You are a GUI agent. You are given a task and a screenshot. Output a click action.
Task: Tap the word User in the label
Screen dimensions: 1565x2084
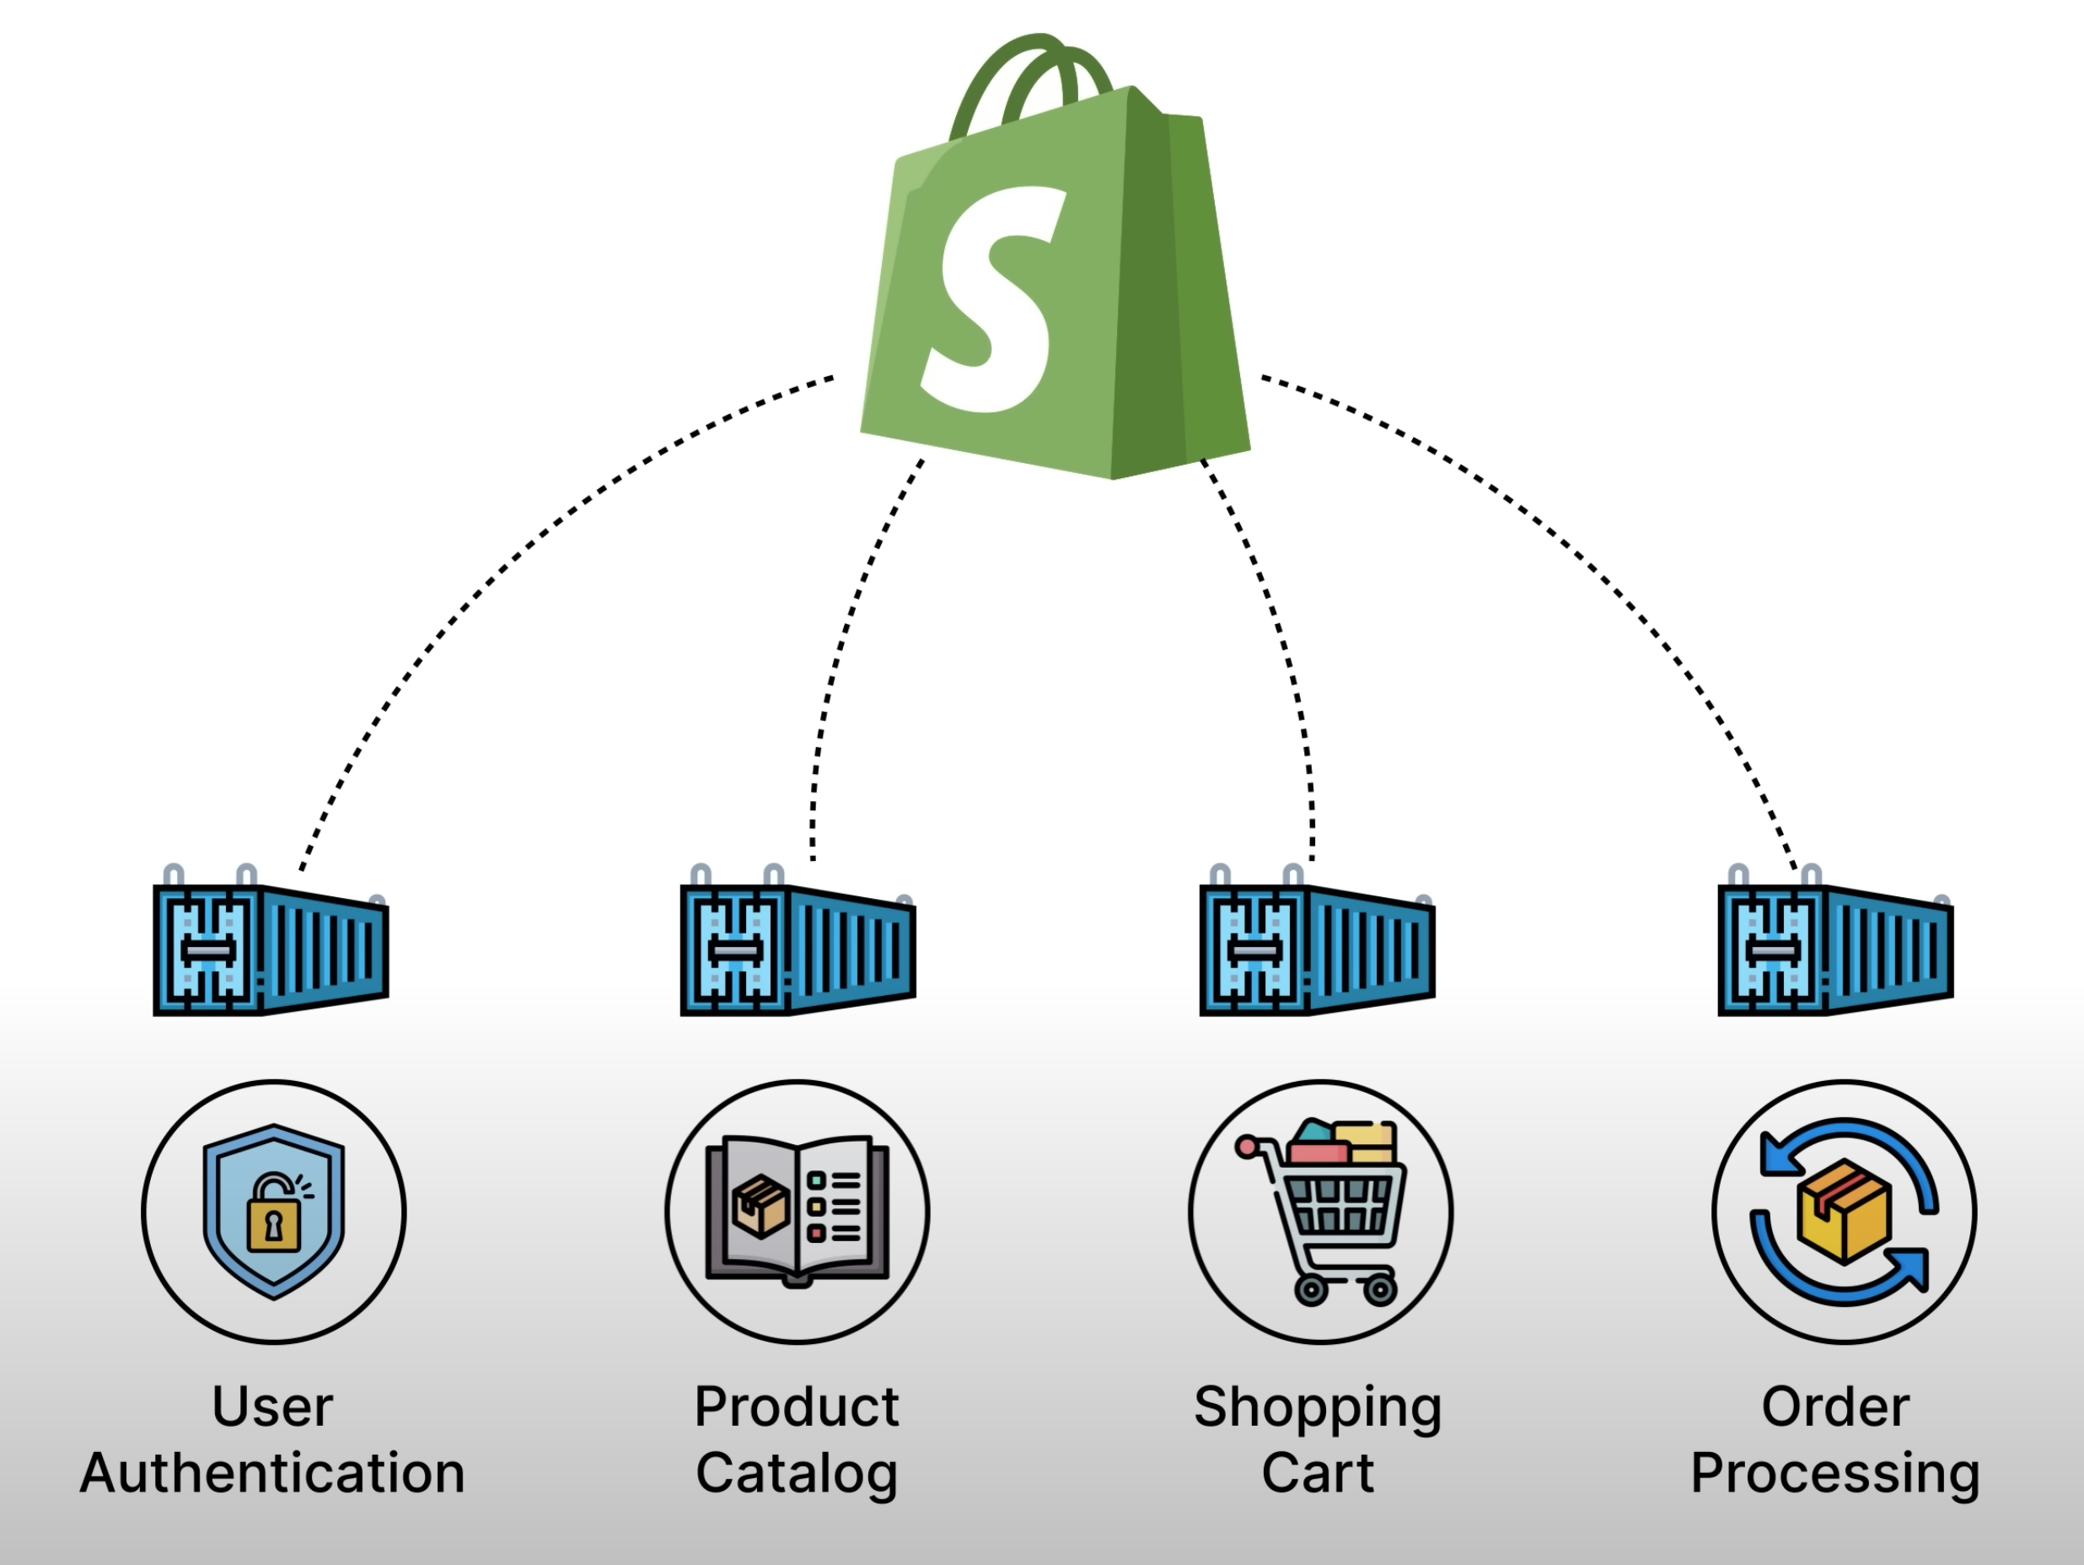pos(272,1407)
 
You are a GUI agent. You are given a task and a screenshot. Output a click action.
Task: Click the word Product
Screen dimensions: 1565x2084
pos(796,1407)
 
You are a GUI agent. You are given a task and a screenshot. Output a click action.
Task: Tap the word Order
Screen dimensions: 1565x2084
pos(1835,1407)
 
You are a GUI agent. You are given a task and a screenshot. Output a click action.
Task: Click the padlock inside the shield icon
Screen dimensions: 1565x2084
pos(274,1222)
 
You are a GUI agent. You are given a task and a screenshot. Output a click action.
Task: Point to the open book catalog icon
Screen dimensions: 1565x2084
pos(797,1211)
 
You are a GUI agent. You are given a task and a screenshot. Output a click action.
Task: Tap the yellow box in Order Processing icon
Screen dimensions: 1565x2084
pos(1844,1211)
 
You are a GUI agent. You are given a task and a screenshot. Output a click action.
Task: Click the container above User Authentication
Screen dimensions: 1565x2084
pos(271,947)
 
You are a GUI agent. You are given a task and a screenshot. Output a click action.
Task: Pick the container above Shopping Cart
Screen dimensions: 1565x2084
pos(1316,947)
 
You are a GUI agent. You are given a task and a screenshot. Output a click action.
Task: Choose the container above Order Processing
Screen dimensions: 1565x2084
pos(1835,947)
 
